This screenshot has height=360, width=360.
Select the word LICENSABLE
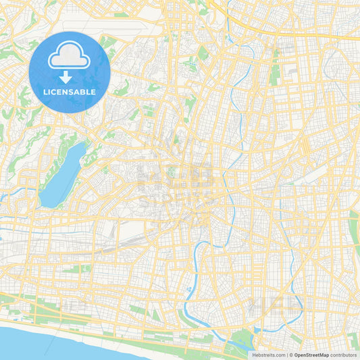[70, 92]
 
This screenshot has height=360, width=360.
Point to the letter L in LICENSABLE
[45, 92]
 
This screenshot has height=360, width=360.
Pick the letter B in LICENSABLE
[83, 92]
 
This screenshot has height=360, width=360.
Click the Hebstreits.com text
[267, 355]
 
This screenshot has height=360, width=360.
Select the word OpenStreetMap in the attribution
[311, 355]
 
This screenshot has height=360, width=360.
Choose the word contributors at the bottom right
[344, 355]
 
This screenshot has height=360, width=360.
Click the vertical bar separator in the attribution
[287, 355]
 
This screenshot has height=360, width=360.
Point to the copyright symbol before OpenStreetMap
[291, 355]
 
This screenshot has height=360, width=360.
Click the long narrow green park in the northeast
[274, 68]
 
